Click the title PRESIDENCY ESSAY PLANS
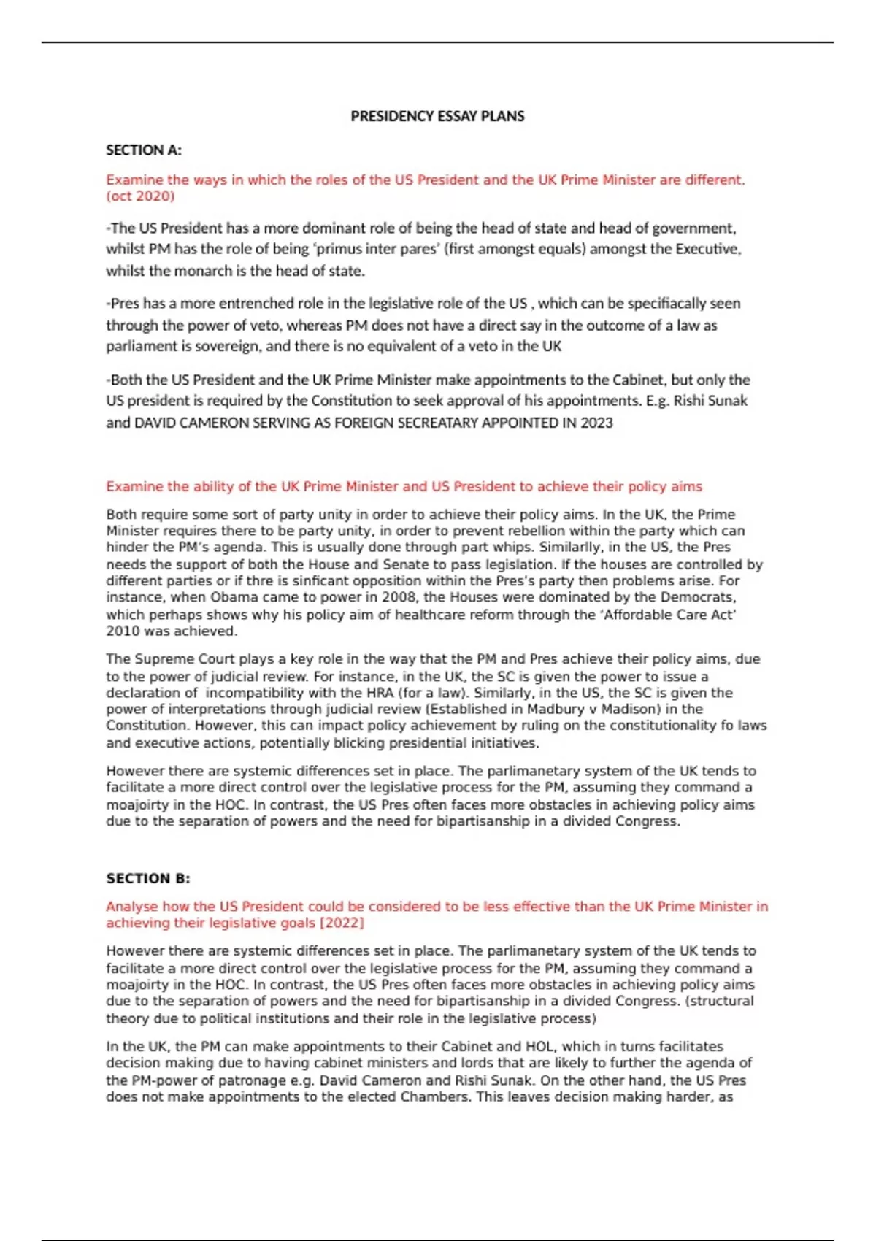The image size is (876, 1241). (437, 116)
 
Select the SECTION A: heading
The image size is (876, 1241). (144, 150)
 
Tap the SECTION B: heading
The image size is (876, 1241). (148, 878)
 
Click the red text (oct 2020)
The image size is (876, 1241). (140, 196)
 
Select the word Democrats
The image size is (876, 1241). (697, 597)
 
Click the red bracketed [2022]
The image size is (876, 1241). (342, 923)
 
